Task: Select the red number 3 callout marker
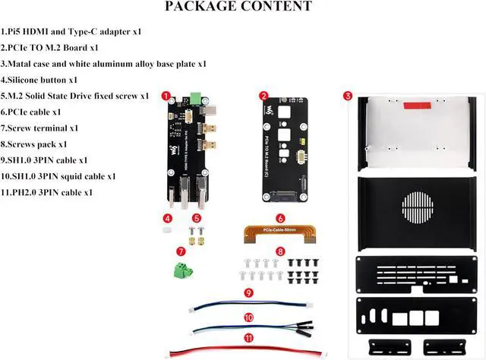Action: tap(347, 96)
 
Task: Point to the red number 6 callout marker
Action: tap(280, 218)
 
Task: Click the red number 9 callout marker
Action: tap(248, 292)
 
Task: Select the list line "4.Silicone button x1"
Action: tap(45, 79)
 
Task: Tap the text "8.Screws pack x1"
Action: tap(34, 144)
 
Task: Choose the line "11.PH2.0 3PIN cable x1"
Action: tap(47, 192)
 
